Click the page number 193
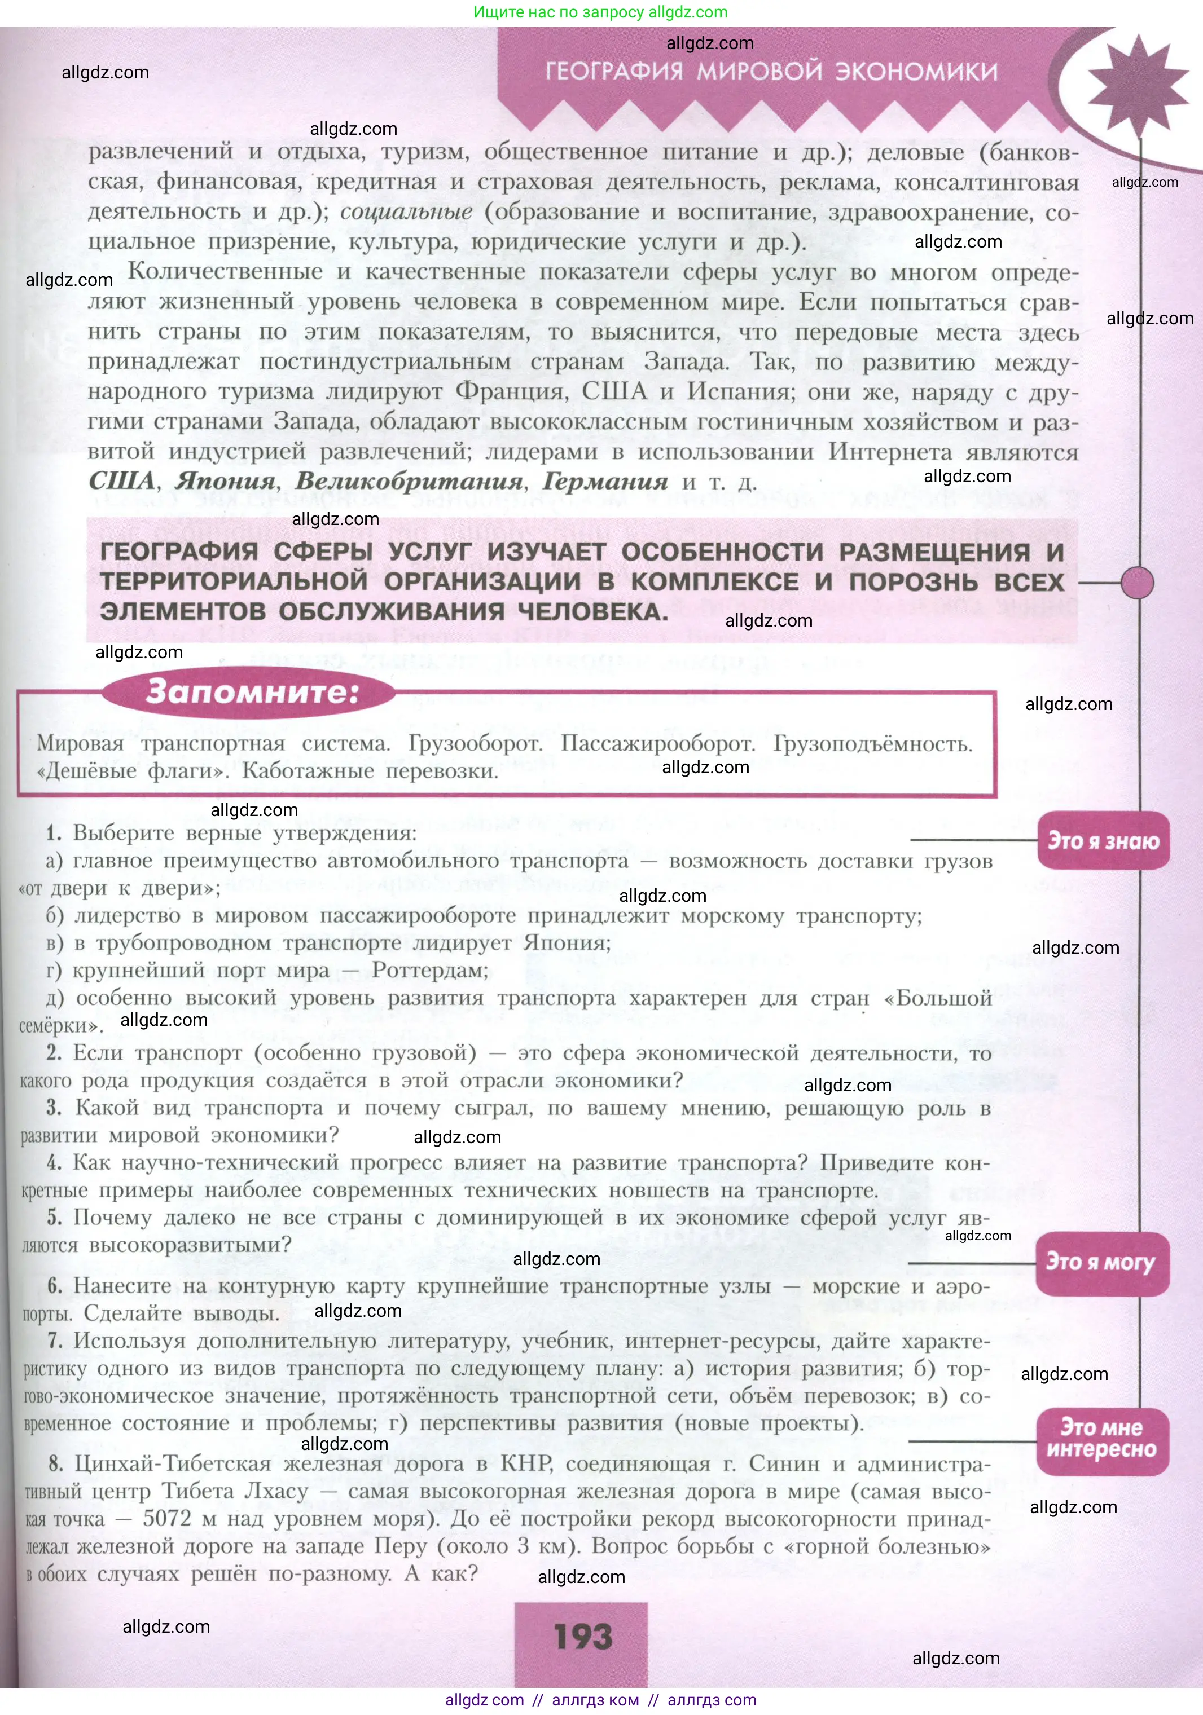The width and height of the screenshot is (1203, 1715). [583, 1637]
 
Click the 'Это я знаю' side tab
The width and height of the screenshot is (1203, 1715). [1103, 841]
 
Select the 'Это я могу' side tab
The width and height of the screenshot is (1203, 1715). [1101, 1262]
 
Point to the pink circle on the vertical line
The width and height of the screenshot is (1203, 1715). [1137, 583]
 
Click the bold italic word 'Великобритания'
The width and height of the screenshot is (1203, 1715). [409, 482]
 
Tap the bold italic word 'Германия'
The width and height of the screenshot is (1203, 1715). [604, 482]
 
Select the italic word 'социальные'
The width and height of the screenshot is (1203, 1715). [406, 212]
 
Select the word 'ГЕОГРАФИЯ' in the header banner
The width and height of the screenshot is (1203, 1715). [614, 72]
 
